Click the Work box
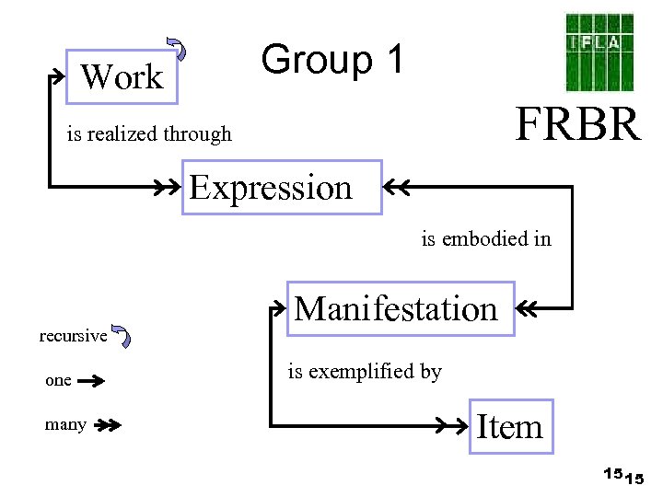122,76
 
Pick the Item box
512,427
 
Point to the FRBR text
577,124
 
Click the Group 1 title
332,60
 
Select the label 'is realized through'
149,134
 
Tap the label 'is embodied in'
486,239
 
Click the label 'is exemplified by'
365,372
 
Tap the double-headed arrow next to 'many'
107,425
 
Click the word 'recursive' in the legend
73,336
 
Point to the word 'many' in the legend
65,424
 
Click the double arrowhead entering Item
456,426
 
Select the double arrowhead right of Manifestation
529,308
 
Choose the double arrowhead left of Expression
168,188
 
